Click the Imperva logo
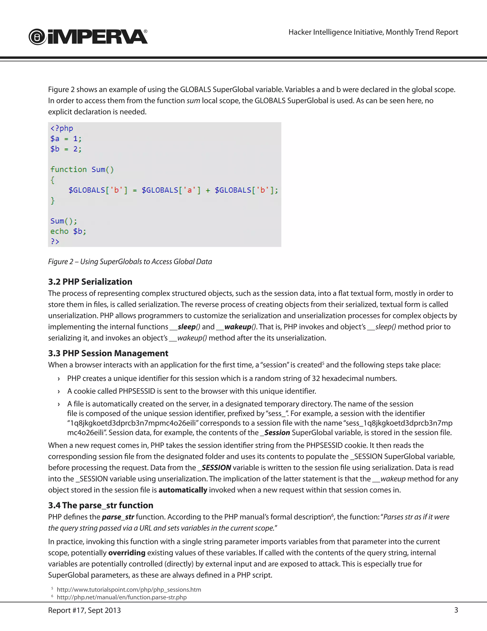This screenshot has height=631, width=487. click(x=88, y=37)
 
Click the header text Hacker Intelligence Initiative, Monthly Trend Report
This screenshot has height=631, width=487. click(x=373, y=32)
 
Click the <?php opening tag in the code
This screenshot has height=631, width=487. click(x=62, y=128)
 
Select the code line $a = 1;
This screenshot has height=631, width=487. click(x=66, y=139)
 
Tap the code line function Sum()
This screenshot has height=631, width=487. click(x=82, y=169)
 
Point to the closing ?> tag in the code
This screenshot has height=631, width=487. click(x=55, y=241)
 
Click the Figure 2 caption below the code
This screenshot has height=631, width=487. click(x=130, y=261)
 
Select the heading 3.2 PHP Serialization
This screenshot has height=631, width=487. click(x=90, y=282)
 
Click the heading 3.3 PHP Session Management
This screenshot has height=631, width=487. click(x=108, y=353)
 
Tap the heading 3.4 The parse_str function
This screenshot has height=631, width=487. click(x=101, y=505)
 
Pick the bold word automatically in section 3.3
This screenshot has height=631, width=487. click(x=183, y=490)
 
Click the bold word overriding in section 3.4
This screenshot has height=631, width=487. click(x=127, y=553)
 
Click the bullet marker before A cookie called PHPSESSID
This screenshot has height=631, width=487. click(x=59, y=391)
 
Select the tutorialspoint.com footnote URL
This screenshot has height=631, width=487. click(x=129, y=590)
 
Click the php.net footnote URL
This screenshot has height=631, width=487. click(x=122, y=597)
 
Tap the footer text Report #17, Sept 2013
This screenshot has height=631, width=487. click(x=84, y=610)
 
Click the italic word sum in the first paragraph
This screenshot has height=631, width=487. click(x=193, y=101)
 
